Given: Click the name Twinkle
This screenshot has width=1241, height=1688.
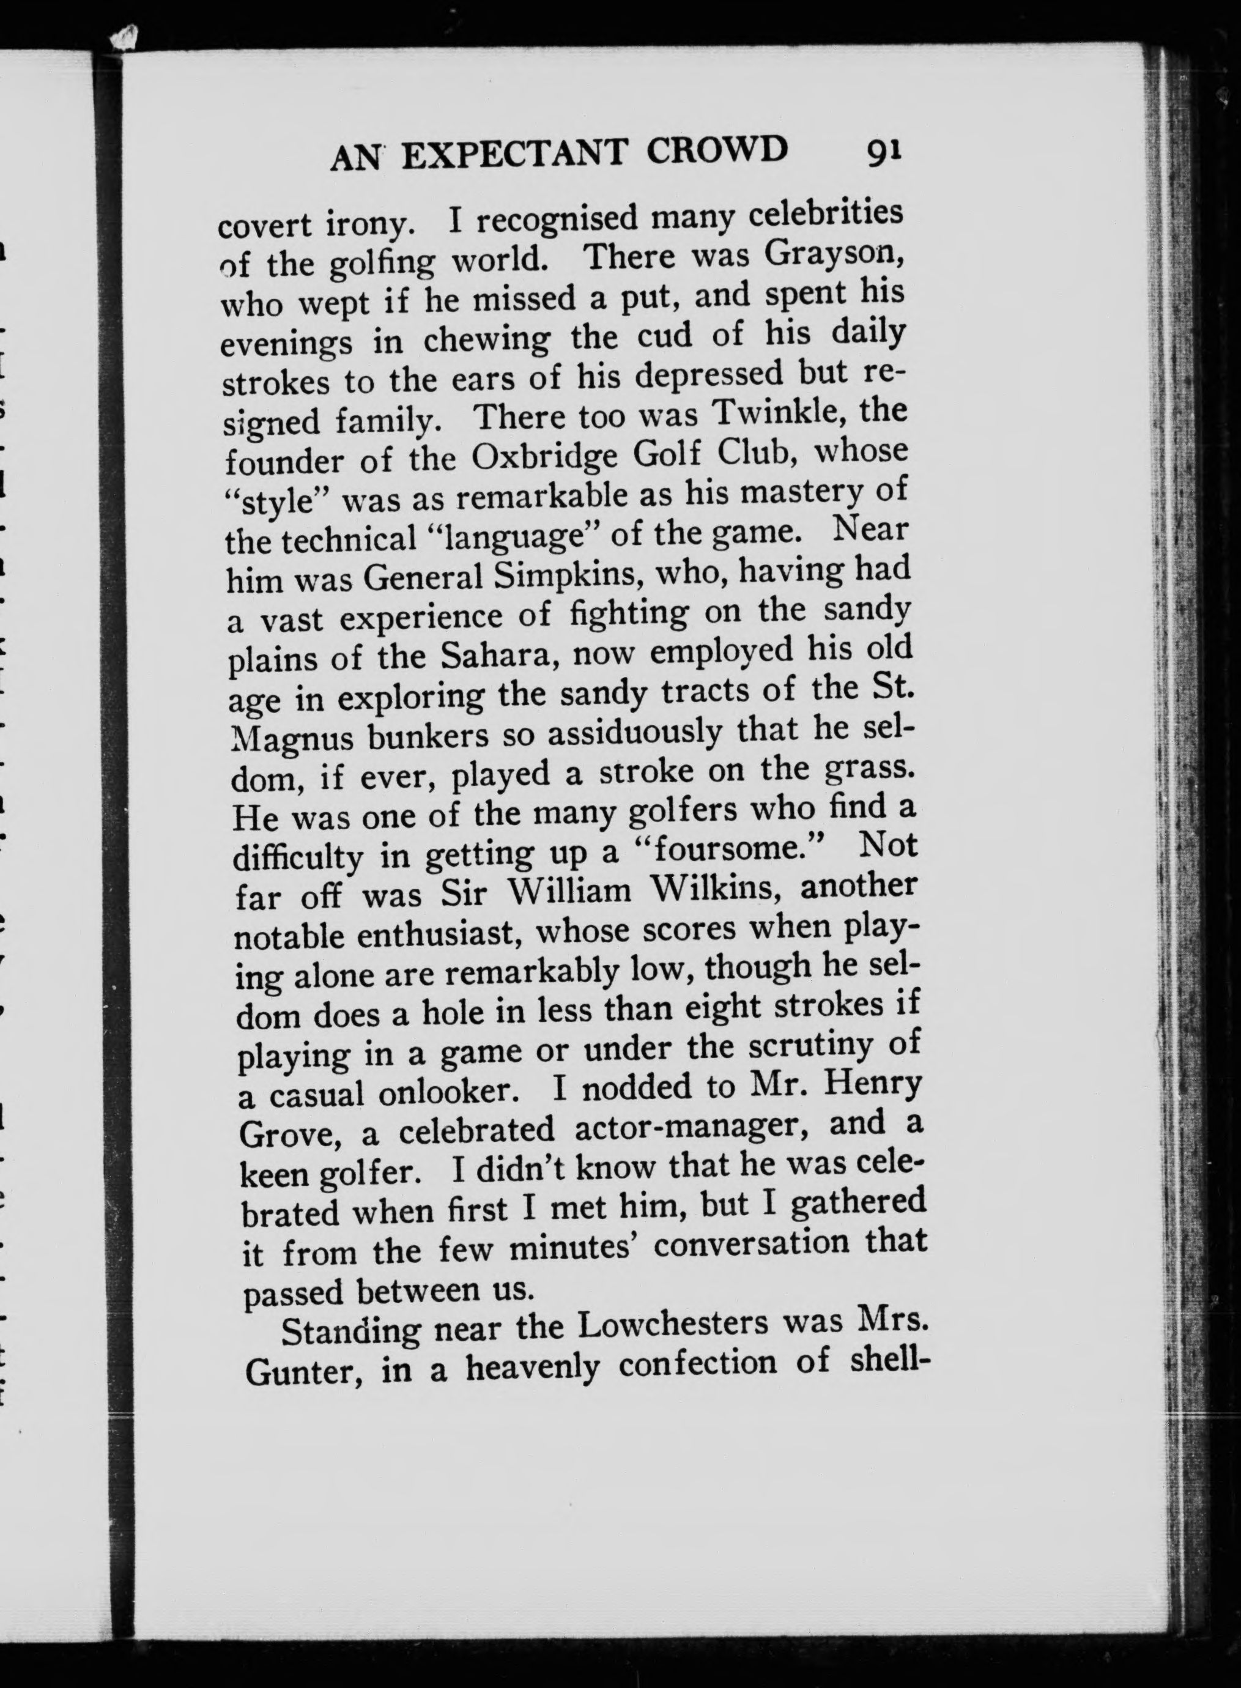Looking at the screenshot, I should pyautogui.click(x=777, y=414).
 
